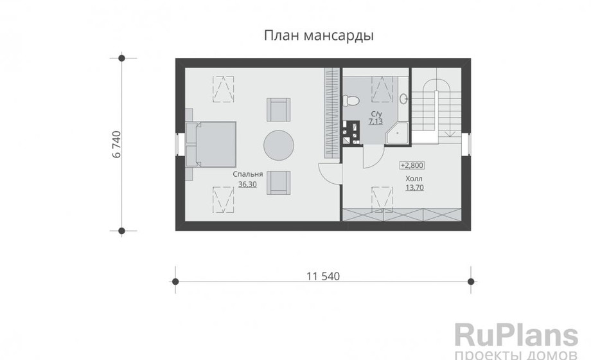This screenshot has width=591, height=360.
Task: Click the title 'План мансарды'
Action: pyautogui.click(x=319, y=36)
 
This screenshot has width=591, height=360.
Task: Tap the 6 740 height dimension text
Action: pyautogui.click(x=117, y=144)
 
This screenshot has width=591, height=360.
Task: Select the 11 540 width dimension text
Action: pyautogui.click(x=323, y=276)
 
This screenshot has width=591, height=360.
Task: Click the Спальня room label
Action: pyautogui.click(x=247, y=174)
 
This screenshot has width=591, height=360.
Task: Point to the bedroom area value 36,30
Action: pyautogui.click(x=247, y=184)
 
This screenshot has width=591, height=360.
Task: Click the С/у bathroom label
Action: pyautogui.click(x=376, y=114)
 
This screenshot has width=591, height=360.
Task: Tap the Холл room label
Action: pyautogui.click(x=414, y=179)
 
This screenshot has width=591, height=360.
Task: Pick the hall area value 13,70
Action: pyautogui.click(x=414, y=187)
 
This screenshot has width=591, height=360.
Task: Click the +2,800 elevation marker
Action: pyautogui.click(x=412, y=165)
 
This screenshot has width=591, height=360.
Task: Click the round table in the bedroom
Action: pyautogui.click(x=279, y=146)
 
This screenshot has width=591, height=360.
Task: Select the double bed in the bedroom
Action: pyautogui.click(x=211, y=144)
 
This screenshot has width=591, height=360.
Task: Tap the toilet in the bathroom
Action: pyautogui.click(x=351, y=100)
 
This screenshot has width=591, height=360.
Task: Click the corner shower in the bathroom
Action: pyautogui.click(x=398, y=133)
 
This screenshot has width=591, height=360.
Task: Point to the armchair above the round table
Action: pyautogui.click(x=279, y=110)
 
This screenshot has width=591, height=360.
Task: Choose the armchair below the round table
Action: pyautogui.click(x=279, y=183)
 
